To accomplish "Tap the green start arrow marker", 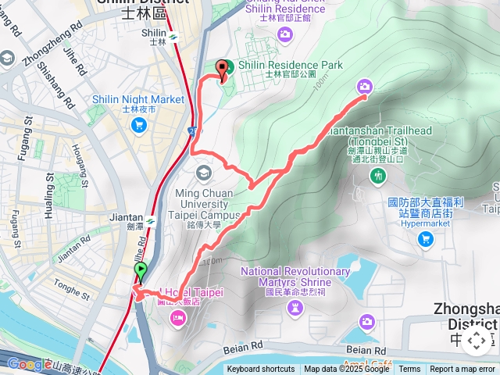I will tap(141, 272).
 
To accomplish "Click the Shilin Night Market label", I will tap(138, 99).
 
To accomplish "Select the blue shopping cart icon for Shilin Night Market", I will tap(138, 124).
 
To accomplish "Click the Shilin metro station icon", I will tap(173, 35).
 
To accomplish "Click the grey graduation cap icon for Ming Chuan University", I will tap(204, 173).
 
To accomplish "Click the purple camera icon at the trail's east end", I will tap(365, 87).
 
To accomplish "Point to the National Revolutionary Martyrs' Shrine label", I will tap(295, 276).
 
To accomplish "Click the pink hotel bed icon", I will tap(178, 318).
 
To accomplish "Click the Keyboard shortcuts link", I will tap(262, 370).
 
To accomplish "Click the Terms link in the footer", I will tap(409, 370).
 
